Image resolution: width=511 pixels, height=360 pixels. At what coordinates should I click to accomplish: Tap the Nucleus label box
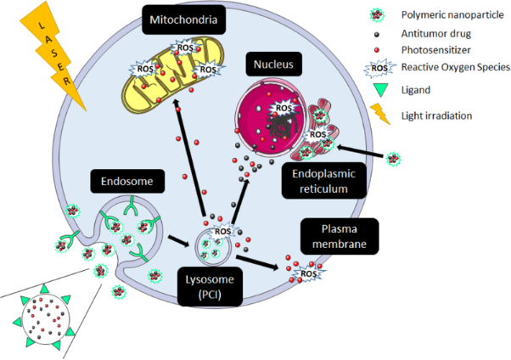(269, 65)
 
